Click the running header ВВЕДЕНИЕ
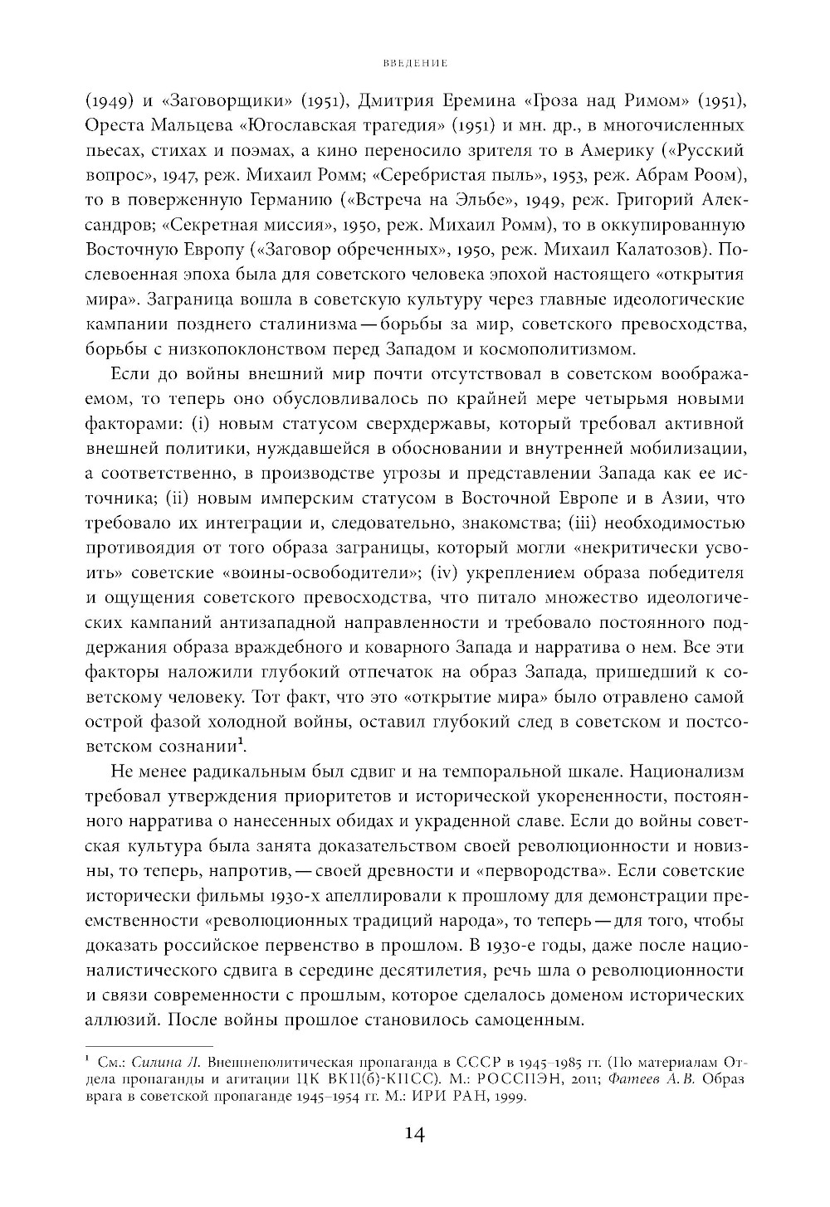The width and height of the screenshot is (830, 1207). (415, 62)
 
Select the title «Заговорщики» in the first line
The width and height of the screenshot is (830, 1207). (218, 102)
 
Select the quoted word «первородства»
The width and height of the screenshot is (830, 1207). (544, 872)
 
